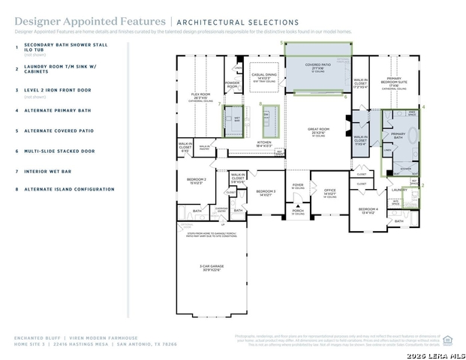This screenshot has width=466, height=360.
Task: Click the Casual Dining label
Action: (x=264, y=76)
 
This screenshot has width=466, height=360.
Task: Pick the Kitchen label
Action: (x=264, y=142)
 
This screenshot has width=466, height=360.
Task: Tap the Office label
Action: (x=329, y=191)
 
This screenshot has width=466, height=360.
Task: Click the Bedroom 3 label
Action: (x=266, y=192)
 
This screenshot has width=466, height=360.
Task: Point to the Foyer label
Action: (x=298, y=184)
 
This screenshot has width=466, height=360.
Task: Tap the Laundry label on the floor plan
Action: (x=399, y=190)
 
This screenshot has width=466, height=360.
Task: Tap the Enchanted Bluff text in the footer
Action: (x=35, y=338)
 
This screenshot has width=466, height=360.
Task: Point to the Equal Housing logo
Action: (x=447, y=339)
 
